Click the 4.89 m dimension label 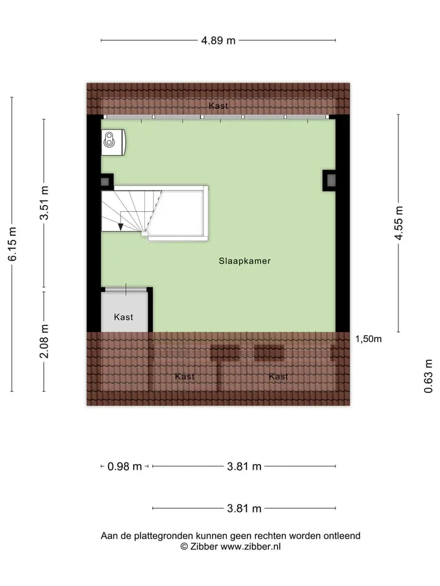[x=218, y=40]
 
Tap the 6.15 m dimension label [x=12, y=244]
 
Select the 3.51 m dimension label [x=44, y=203]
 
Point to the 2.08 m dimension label [x=44, y=341]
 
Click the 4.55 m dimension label [x=399, y=223]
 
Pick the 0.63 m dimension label [x=428, y=376]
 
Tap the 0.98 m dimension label [x=125, y=466]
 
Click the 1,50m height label [x=368, y=339]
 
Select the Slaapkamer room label [x=244, y=261]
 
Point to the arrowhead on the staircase [x=120, y=227]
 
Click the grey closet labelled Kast [x=125, y=311]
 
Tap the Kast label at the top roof [x=218, y=106]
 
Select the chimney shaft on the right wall [x=329, y=181]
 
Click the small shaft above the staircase [x=106, y=182]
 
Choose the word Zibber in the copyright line [x=204, y=546]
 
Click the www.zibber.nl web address [x=251, y=546]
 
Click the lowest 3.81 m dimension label [x=244, y=508]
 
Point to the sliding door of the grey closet [x=126, y=289]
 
